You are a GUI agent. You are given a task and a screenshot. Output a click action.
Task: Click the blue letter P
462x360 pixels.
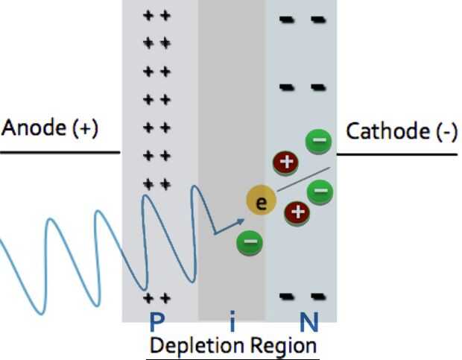coord(157,322)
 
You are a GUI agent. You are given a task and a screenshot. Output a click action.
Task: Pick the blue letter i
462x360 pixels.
coord(232,322)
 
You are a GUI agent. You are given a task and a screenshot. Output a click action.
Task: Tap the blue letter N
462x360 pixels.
coord(308,322)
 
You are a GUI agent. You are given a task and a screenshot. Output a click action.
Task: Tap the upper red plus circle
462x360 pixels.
coord(288,162)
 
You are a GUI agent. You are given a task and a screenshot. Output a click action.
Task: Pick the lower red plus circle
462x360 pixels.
coord(297,212)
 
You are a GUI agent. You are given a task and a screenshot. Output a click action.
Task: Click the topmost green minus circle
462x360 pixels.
coord(318,140)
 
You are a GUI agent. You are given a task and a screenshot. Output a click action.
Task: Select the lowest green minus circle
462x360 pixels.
coord(249,241)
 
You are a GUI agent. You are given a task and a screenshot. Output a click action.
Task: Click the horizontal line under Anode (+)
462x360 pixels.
coord(60,153)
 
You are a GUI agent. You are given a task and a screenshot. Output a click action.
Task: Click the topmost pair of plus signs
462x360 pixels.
coord(157,16)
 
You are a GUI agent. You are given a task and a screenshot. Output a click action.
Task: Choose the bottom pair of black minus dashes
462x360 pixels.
coord(303,297)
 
